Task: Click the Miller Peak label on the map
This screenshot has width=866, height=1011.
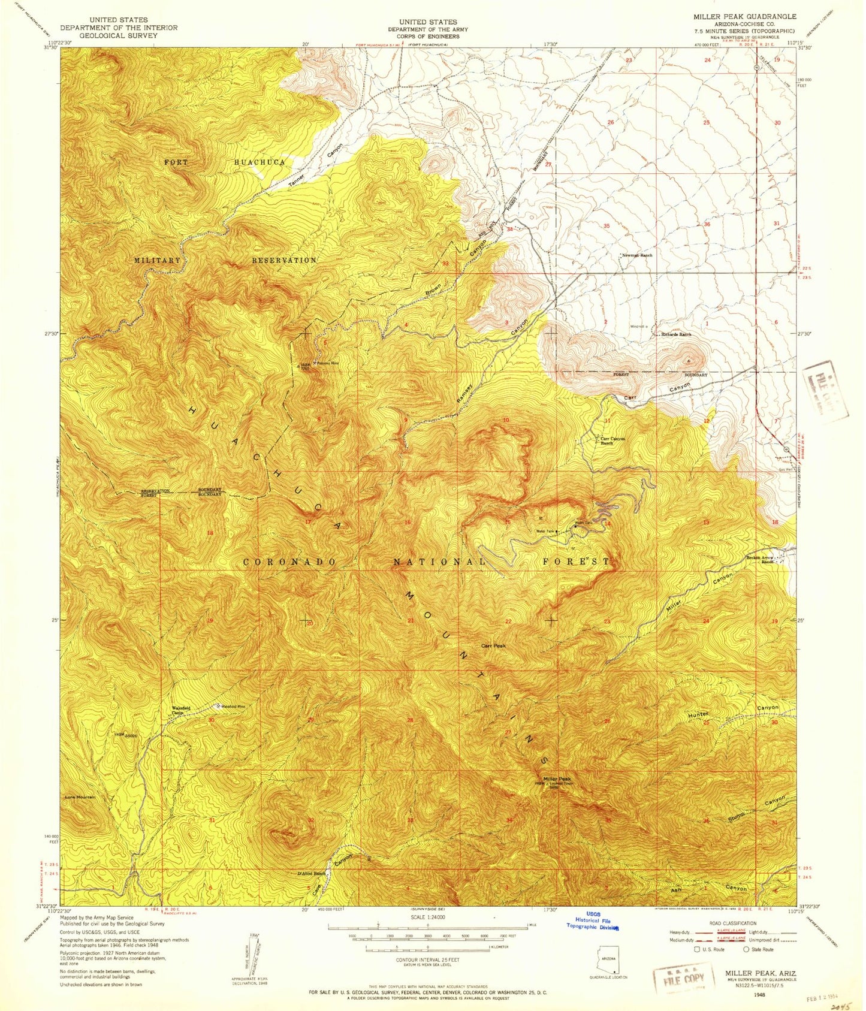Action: [x=550, y=778]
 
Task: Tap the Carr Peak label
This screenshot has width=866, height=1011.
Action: [x=494, y=645]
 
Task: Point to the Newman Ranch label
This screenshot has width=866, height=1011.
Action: [x=637, y=255]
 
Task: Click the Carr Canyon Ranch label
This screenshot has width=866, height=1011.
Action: [x=612, y=440]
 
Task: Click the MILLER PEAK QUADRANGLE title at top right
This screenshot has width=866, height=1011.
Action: [x=744, y=17]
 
